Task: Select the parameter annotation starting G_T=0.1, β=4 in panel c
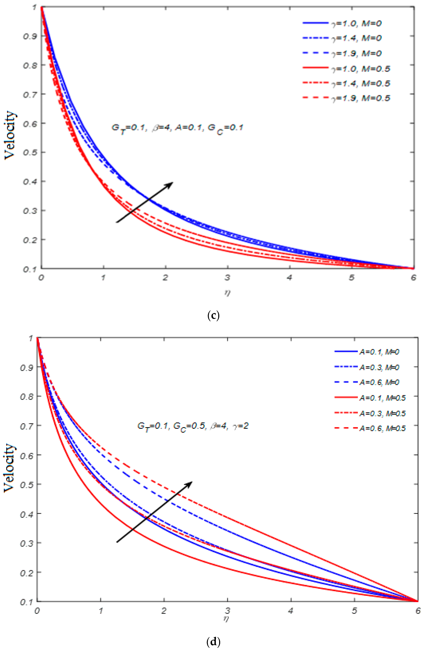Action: (177, 128)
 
